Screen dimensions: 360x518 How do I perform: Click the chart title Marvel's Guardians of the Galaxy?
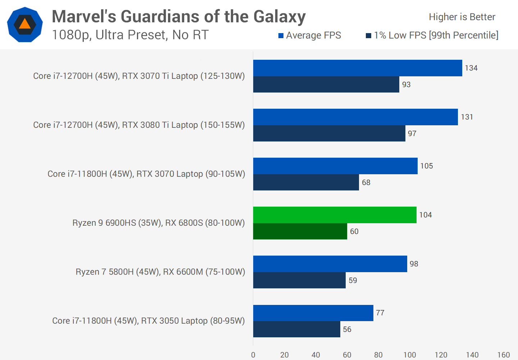pos(179,17)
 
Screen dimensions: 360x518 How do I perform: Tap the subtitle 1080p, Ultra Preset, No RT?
pos(130,35)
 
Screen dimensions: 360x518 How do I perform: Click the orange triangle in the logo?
pos(25,24)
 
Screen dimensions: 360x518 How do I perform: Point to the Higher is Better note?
pos(462,17)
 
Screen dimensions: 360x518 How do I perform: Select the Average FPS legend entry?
pos(310,35)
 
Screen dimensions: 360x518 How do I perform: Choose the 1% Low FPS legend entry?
pos(432,35)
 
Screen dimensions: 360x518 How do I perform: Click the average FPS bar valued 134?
pos(358,68)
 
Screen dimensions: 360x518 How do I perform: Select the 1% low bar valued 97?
pos(329,134)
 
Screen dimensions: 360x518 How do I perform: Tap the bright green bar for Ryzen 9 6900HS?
pos(335,215)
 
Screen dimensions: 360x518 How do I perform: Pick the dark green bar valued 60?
pos(300,231)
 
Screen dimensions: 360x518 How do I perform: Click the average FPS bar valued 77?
pos(313,313)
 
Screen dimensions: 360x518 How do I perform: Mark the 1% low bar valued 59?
pos(299,280)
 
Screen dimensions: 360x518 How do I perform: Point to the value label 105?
pos(427,166)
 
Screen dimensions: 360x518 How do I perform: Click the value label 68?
pos(366,183)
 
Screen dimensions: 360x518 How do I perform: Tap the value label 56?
pos(347,329)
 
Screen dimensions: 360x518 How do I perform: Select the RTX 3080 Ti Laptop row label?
pos(139,125)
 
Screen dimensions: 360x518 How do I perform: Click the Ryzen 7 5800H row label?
pos(160,272)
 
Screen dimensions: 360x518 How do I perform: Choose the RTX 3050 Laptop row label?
pos(148,321)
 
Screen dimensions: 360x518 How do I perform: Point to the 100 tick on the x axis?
pos(409,355)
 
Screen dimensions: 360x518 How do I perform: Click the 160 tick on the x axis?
pos(503,355)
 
